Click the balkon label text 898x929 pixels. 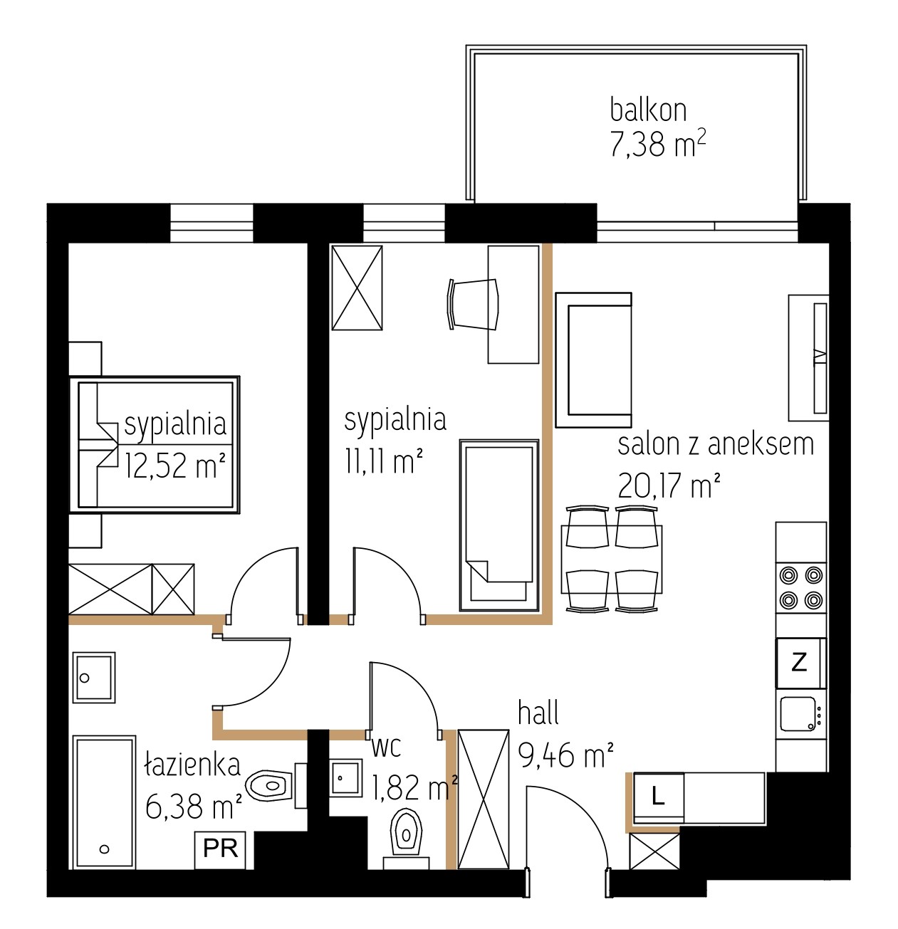(648, 110)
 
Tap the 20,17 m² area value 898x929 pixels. (669, 485)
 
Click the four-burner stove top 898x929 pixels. (800, 588)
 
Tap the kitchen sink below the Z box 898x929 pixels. (800, 714)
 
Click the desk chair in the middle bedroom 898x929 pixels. (473, 304)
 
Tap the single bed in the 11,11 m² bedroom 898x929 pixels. (498, 525)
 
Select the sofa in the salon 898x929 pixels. (593, 359)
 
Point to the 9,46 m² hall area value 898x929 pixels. (565, 755)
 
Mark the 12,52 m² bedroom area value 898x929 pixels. (174, 466)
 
